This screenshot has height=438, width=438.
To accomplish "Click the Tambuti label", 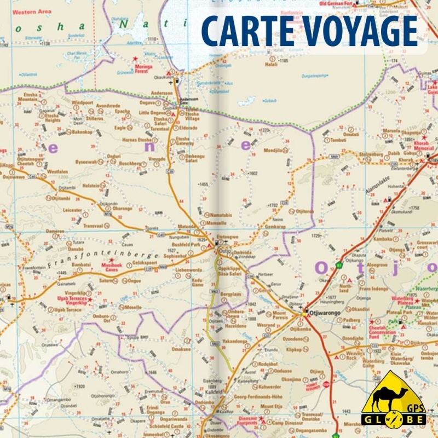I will click(x=338, y=140).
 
